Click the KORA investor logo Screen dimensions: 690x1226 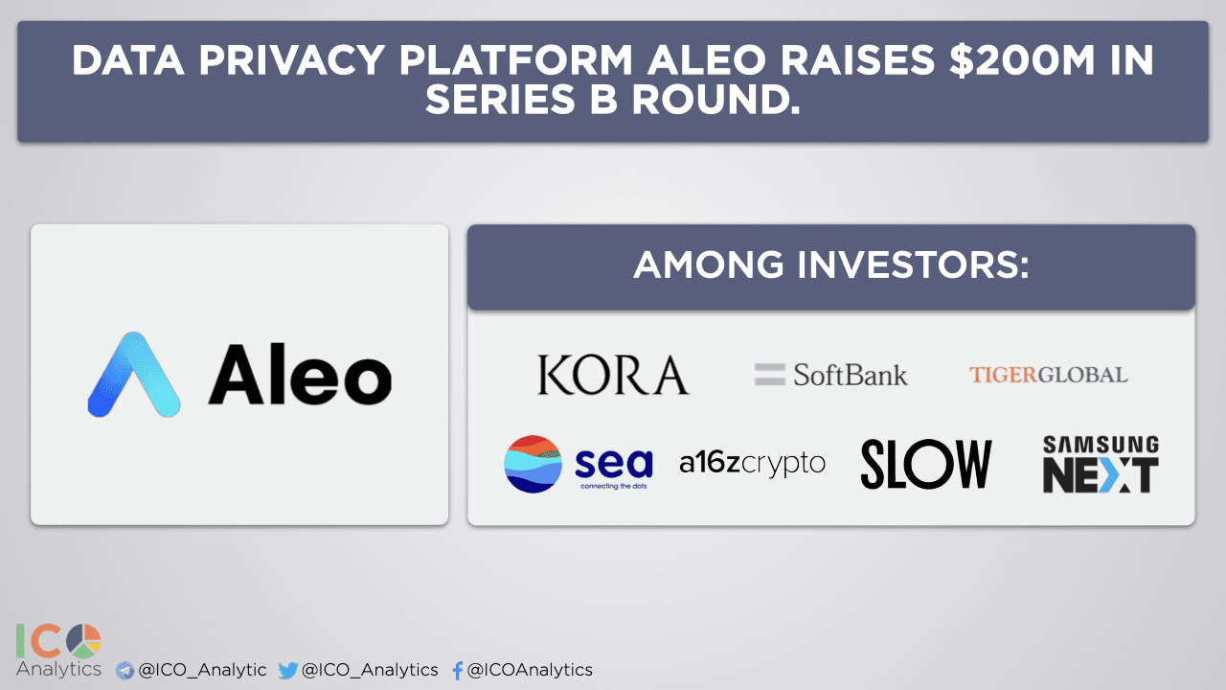613,375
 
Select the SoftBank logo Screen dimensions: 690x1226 831,375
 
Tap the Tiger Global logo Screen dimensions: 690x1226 1048,375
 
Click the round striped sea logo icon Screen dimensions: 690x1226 533,464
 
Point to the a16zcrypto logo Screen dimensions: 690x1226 752,464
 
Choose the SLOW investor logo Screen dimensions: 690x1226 925,464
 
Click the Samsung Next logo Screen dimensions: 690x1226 1101,465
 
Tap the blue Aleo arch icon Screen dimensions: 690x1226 134,376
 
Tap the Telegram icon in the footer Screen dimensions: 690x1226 125,671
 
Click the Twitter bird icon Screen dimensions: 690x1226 287,671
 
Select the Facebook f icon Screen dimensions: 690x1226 458,671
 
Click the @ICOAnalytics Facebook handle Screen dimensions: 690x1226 530,671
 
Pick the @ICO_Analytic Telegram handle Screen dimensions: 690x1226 202,671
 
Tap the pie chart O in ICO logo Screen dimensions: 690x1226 84,640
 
